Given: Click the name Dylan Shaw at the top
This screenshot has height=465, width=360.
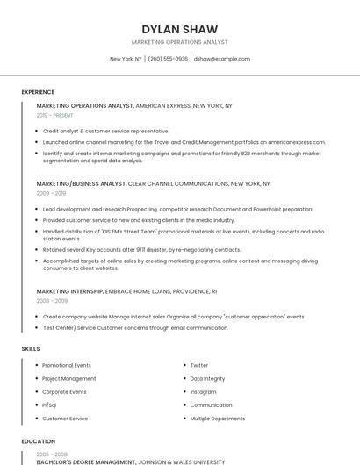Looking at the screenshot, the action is [x=179, y=29].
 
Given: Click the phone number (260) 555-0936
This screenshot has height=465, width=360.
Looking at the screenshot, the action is [x=168, y=59].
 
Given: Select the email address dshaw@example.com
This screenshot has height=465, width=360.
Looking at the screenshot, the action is [x=222, y=59].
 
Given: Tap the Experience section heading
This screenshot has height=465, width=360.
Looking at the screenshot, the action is [x=38, y=92].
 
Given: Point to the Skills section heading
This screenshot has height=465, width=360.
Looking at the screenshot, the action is [x=31, y=349].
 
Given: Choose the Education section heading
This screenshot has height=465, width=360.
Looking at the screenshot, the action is [x=38, y=441].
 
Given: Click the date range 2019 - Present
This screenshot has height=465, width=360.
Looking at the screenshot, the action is [x=55, y=115].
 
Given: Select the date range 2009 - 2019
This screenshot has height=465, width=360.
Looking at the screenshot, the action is [x=52, y=193].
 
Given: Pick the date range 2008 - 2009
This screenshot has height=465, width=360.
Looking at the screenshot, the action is [x=52, y=300].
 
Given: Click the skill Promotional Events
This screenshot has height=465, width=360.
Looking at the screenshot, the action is [x=67, y=365].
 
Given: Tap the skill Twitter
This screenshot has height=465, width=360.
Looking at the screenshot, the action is [x=199, y=365].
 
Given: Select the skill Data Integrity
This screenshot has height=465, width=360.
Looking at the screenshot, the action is [x=207, y=378].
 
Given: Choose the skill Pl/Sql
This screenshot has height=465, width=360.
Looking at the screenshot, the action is [x=49, y=405].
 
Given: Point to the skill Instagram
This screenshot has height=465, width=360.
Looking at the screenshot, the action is [x=203, y=391].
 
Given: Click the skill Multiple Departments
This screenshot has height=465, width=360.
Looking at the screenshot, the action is [x=218, y=418].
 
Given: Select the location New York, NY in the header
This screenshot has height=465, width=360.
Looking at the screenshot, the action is [x=126, y=59].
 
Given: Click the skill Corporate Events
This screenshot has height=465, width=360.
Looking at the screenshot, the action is [x=64, y=391].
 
